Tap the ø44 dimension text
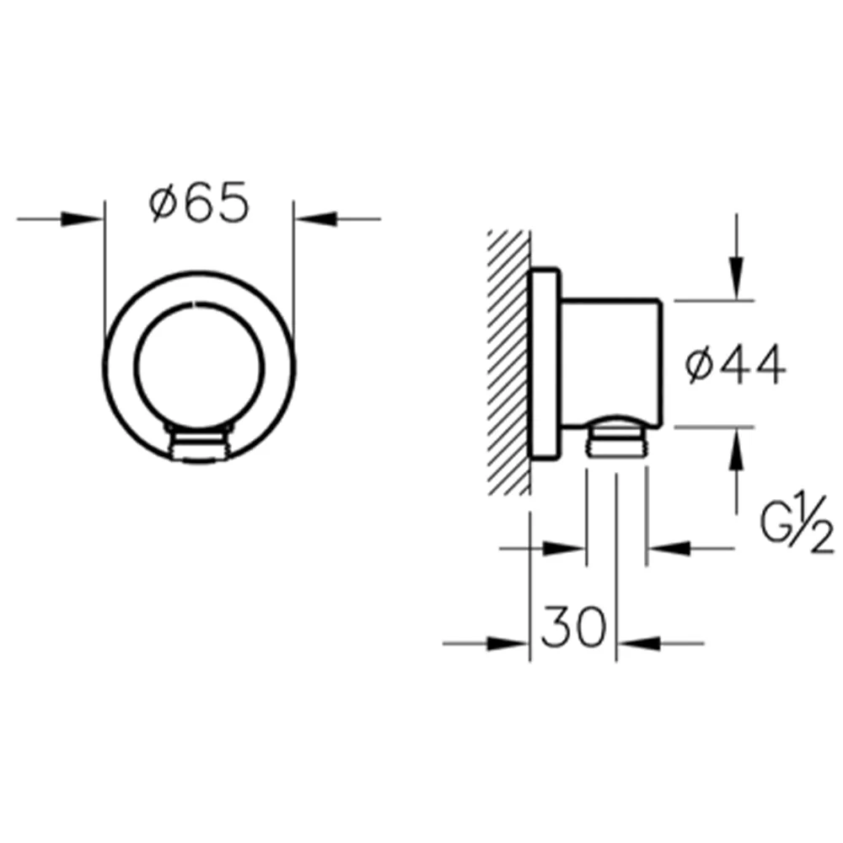point(735,365)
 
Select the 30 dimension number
point(573,626)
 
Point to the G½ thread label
point(797,522)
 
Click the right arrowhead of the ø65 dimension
point(315,219)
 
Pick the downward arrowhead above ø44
point(737,278)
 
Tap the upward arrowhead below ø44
point(737,449)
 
